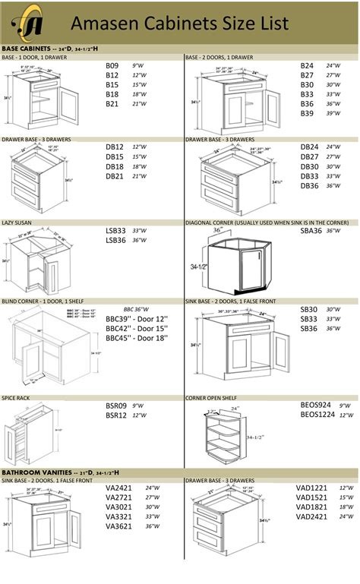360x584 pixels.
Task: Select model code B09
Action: (x=112, y=66)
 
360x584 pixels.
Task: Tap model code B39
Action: (x=307, y=113)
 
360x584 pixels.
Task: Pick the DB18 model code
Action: (x=115, y=166)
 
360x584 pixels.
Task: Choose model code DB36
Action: (x=309, y=185)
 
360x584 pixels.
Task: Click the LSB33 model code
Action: (x=116, y=230)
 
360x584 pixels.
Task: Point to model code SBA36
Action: (x=311, y=230)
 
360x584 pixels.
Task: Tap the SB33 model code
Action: (x=308, y=319)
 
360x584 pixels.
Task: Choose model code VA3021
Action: (x=118, y=507)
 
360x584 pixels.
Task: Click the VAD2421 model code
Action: (x=312, y=516)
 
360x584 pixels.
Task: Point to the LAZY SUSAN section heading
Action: (x=17, y=223)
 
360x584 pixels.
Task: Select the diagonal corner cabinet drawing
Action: (x=232, y=262)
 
